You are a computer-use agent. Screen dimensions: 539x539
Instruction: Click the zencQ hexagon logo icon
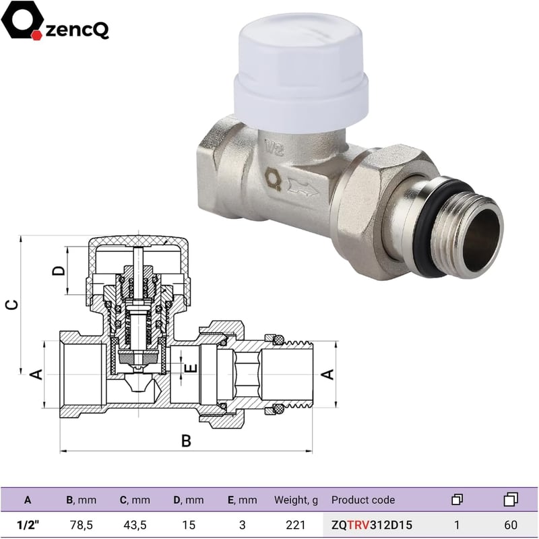pyautogui.click(x=22, y=20)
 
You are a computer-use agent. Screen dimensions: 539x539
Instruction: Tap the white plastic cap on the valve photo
pyautogui.click(x=301, y=73)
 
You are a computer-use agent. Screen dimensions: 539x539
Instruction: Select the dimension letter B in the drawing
pyautogui.click(x=186, y=441)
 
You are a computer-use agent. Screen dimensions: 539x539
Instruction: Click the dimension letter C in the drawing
pyautogui.click(x=12, y=305)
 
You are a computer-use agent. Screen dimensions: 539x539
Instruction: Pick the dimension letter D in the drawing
pyautogui.click(x=59, y=271)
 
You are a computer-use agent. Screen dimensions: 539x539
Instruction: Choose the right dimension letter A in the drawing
pyautogui.click(x=327, y=375)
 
